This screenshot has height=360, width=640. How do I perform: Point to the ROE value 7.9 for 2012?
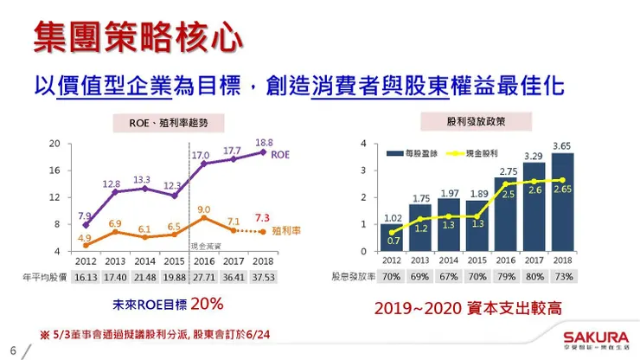pos(85,215)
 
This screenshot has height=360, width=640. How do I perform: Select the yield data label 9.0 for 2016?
pos(204,209)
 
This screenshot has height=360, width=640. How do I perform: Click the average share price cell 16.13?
pos(86,277)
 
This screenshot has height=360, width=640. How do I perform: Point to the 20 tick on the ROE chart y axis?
pos(54,143)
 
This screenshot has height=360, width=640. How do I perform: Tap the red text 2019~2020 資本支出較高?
pos(468,308)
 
